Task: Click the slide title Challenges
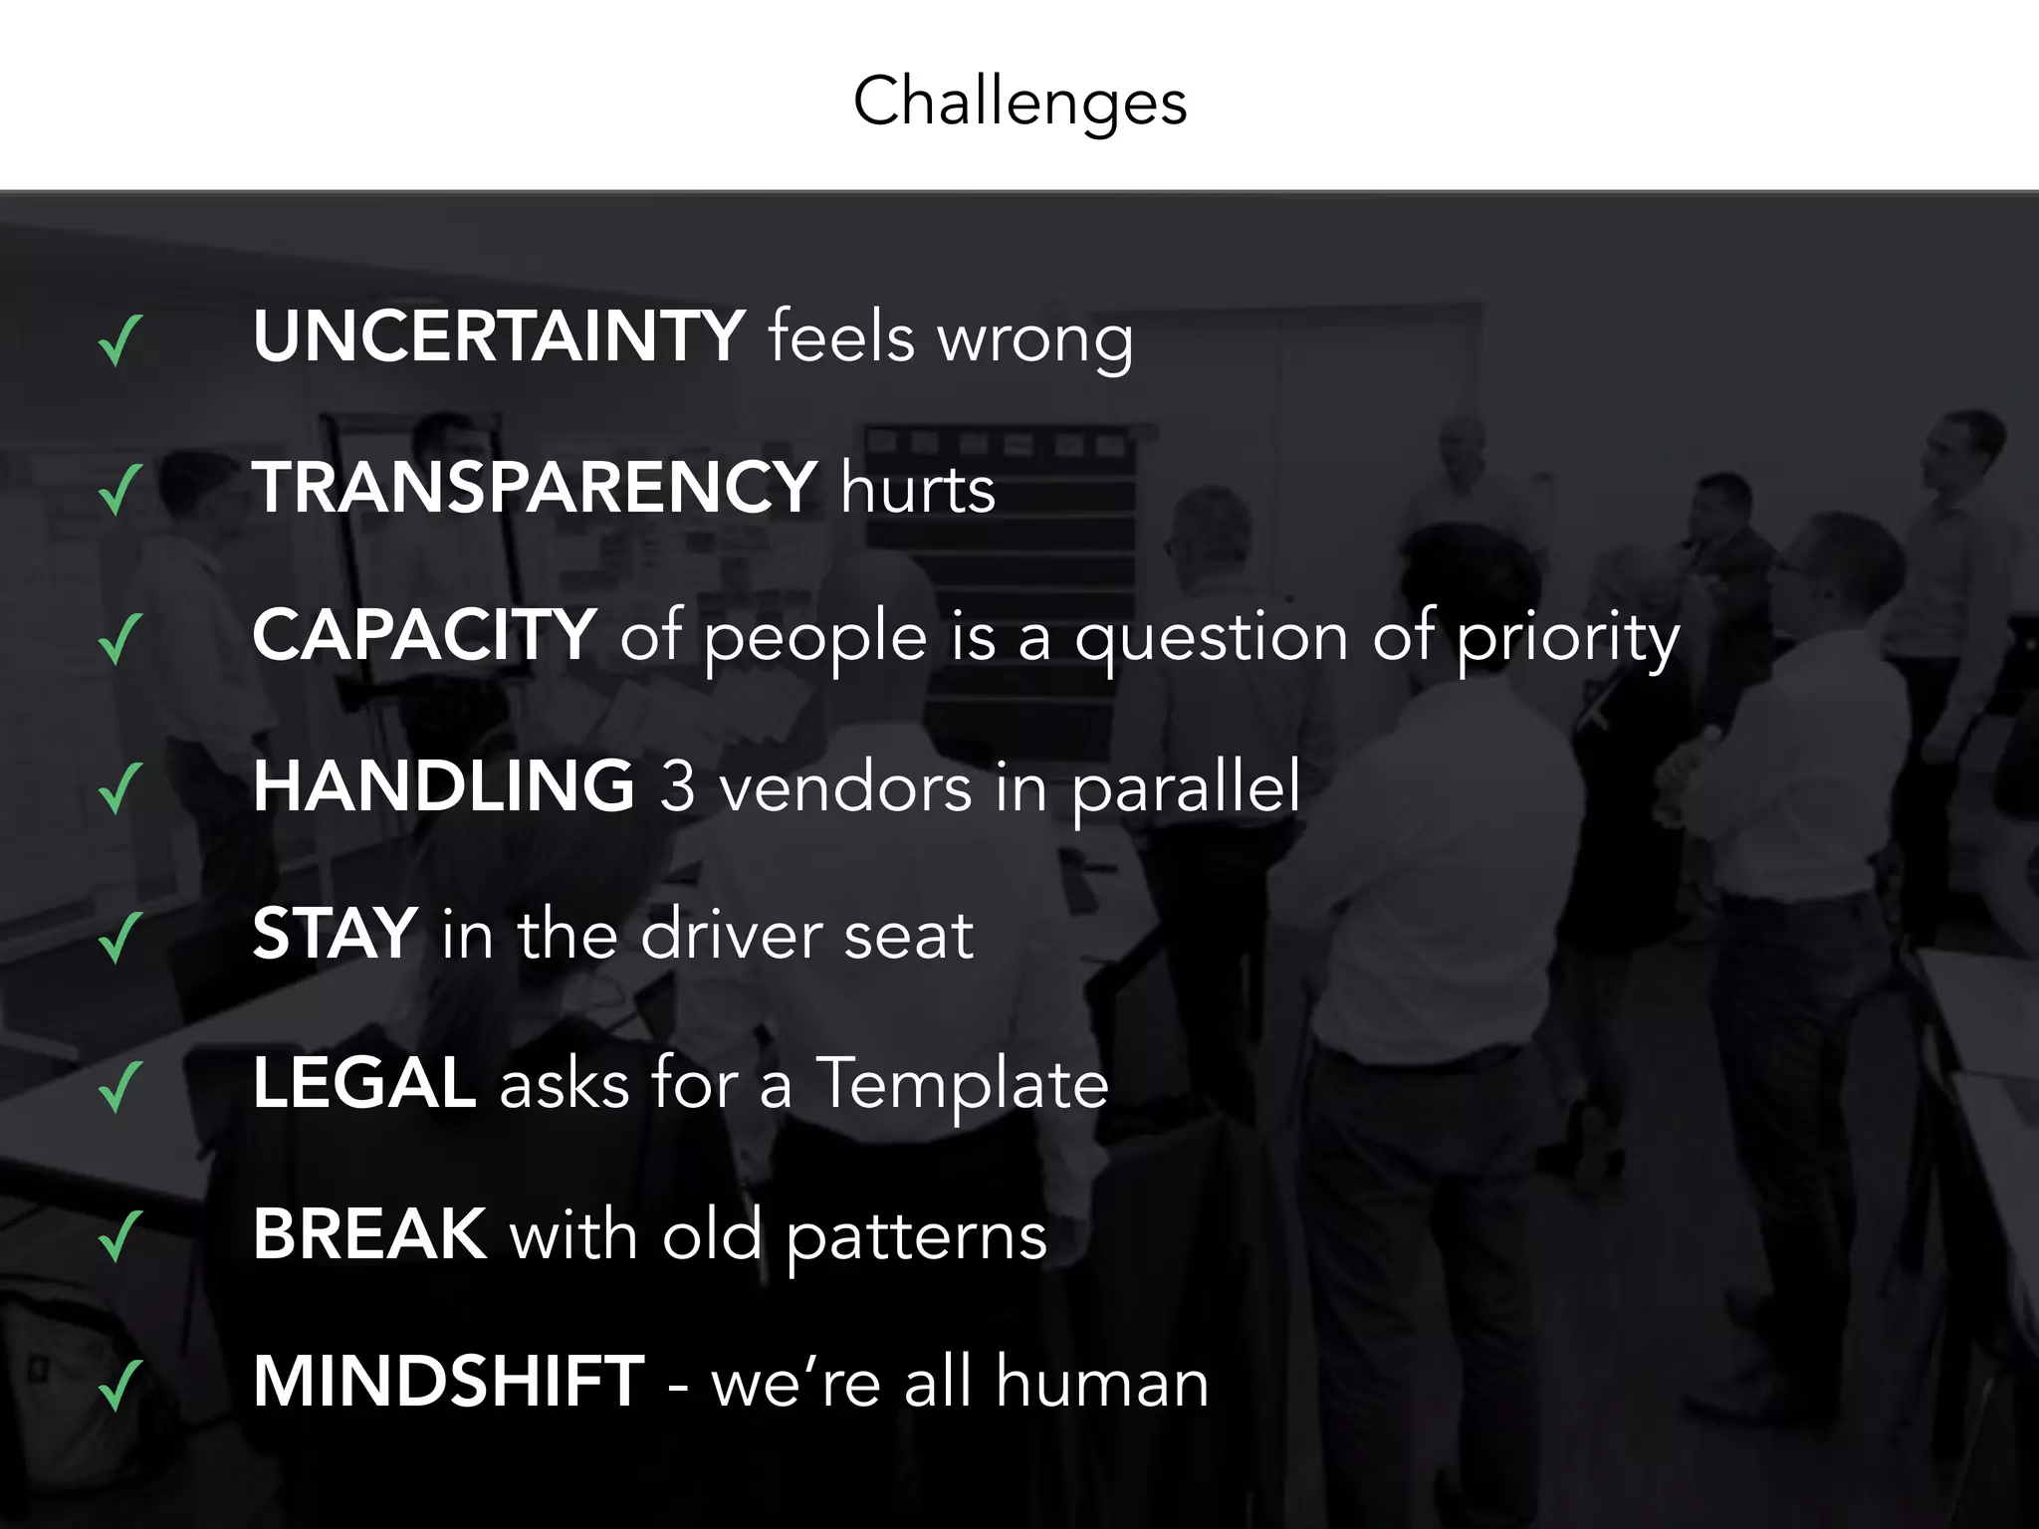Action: coord(1019,102)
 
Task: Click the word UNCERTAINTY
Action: coord(498,335)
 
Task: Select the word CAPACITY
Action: coord(424,634)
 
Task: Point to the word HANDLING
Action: coord(443,785)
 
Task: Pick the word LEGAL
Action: coord(363,1082)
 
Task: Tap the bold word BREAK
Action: coord(369,1233)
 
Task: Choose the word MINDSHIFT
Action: coord(448,1381)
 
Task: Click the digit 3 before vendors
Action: coord(677,786)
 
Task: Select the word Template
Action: coord(962,1084)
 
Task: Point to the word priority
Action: coord(1569,639)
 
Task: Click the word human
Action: coord(1102,1383)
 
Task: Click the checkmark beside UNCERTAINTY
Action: coord(120,340)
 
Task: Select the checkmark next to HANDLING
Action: coord(120,788)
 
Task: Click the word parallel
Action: coord(1186,787)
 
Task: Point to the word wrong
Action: coord(1034,339)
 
